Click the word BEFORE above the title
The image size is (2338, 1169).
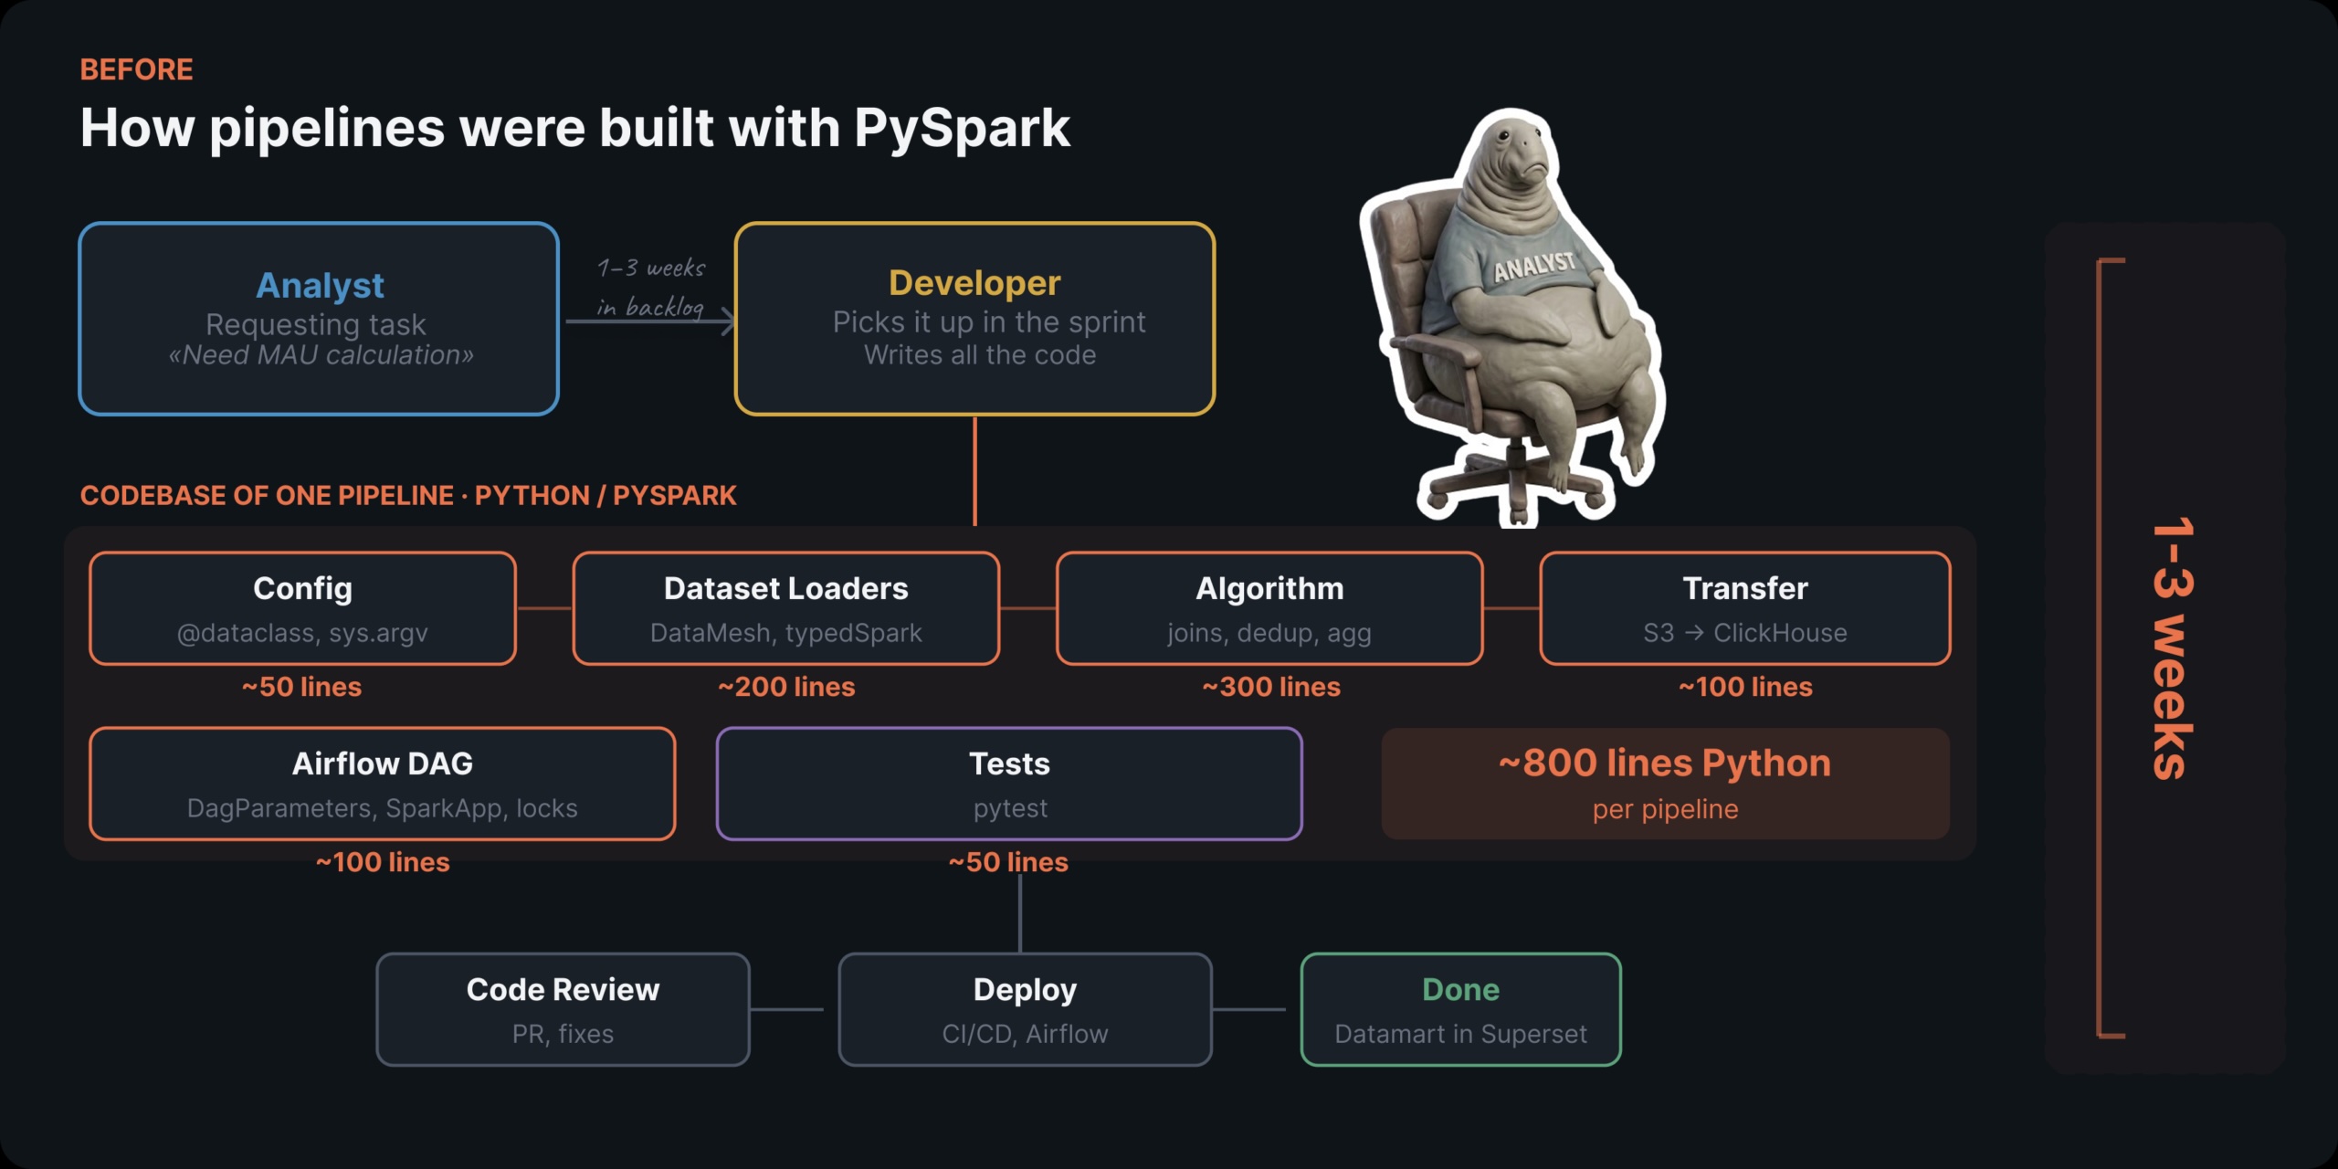(x=136, y=69)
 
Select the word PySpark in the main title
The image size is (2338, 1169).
(x=962, y=128)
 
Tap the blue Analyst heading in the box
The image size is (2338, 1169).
(x=320, y=285)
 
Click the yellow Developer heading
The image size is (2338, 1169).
(x=974, y=283)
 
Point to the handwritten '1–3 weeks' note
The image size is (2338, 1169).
(x=651, y=269)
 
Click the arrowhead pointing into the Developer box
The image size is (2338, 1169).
(x=728, y=321)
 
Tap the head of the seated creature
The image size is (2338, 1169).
(x=1511, y=155)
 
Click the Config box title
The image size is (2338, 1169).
(x=302, y=589)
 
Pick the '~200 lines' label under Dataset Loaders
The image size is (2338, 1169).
(x=786, y=687)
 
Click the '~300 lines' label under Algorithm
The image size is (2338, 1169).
(x=1270, y=687)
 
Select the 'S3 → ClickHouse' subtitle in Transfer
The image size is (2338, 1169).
(x=1744, y=633)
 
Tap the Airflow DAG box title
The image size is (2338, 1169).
(x=383, y=764)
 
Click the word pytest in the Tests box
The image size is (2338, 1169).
(x=1010, y=809)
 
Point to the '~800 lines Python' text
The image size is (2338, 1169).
(x=1664, y=764)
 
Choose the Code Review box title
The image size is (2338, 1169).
(x=563, y=990)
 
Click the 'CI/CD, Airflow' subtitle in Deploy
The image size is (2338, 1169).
(x=1025, y=1034)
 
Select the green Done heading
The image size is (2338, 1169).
(x=1460, y=990)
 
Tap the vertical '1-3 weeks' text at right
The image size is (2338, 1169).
(x=2172, y=648)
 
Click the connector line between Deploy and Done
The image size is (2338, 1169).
(x=1248, y=1009)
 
